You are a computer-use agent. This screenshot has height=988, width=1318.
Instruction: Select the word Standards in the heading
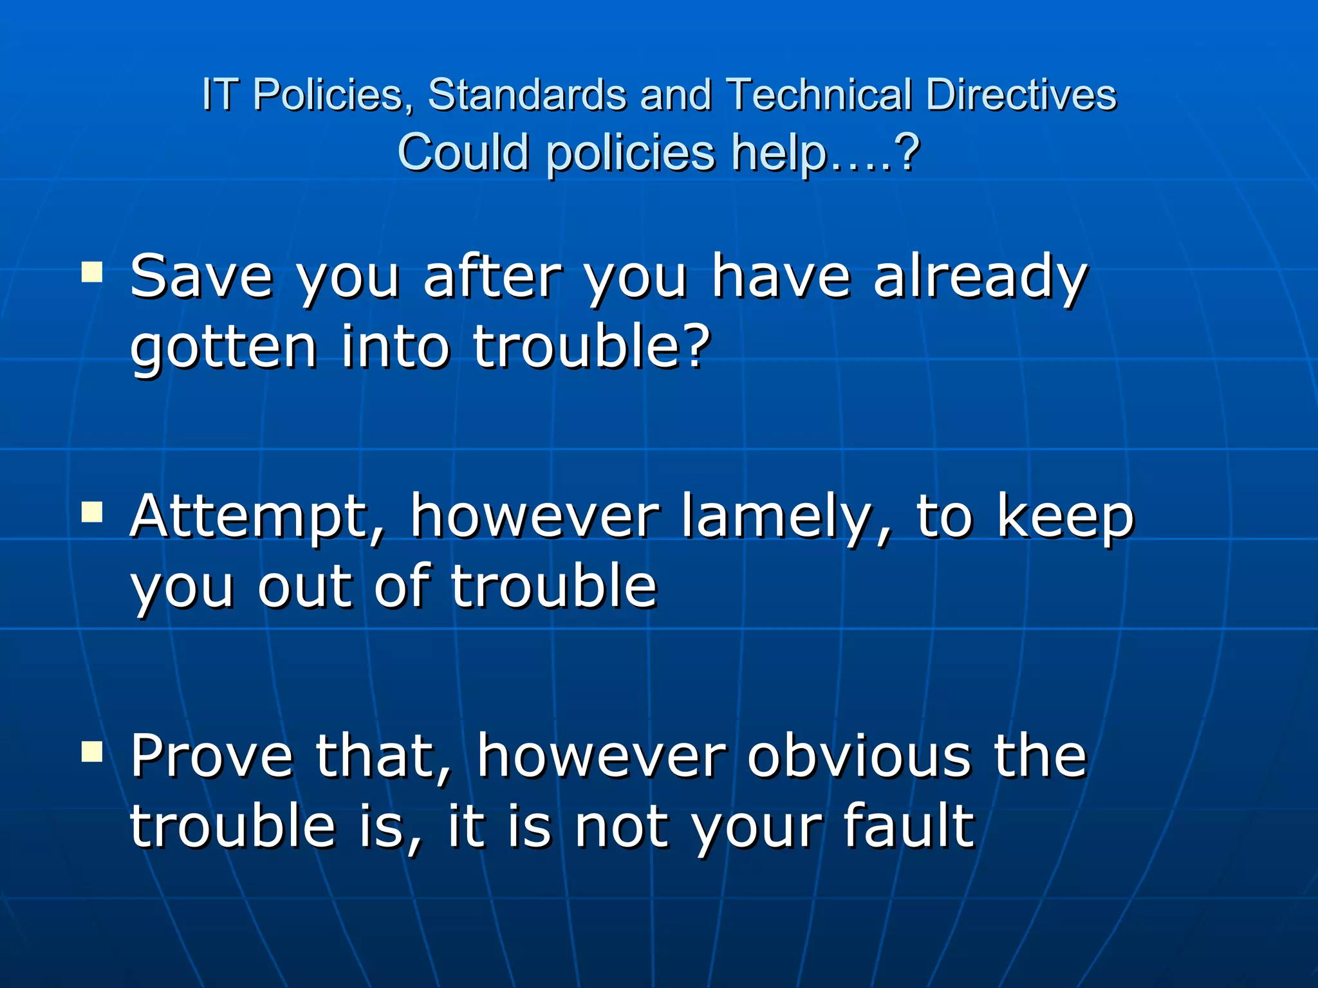(x=527, y=95)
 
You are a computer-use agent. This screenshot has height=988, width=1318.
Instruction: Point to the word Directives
(x=1021, y=95)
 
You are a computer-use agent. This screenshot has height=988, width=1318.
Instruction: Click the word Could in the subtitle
(x=463, y=152)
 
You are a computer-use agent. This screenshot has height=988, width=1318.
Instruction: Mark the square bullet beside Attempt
(x=92, y=513)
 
